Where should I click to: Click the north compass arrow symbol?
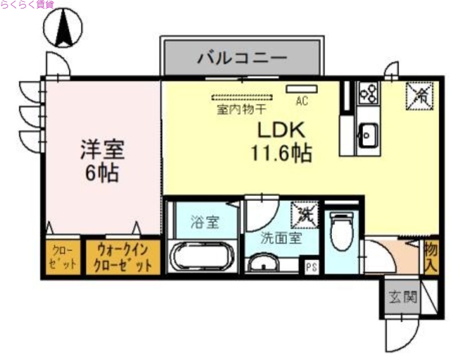[x=64, y=28]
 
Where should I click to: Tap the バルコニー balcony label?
[x=242, y=58]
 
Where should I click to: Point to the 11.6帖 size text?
[x=281, y=153]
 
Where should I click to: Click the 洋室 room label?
[x=102, y=150]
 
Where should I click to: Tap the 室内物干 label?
[x=242, y=109]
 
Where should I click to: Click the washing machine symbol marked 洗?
[x=305, y=215]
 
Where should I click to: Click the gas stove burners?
[x=368, y=92]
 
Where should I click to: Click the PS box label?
[x=311, y=267]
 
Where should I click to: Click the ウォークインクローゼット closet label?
[x=119, y=257]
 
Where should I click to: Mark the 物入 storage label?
[x=431, y=256]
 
